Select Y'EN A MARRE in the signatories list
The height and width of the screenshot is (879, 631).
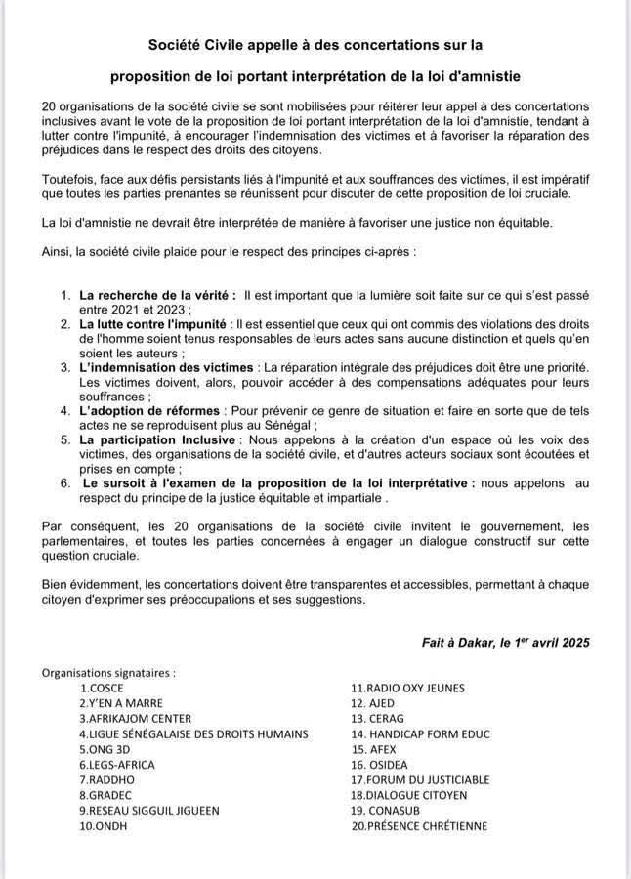121,702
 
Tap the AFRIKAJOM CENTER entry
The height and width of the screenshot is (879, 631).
136,718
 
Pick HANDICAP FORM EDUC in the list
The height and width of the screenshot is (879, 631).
420,733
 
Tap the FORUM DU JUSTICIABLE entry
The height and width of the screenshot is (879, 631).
420,779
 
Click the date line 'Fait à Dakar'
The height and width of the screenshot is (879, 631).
505,643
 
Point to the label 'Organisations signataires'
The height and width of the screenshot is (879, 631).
108,672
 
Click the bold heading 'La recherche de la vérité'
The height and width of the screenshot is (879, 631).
157,294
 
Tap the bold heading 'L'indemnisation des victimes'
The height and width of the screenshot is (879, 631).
165,365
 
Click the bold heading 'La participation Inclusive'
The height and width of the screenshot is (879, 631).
157,439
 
